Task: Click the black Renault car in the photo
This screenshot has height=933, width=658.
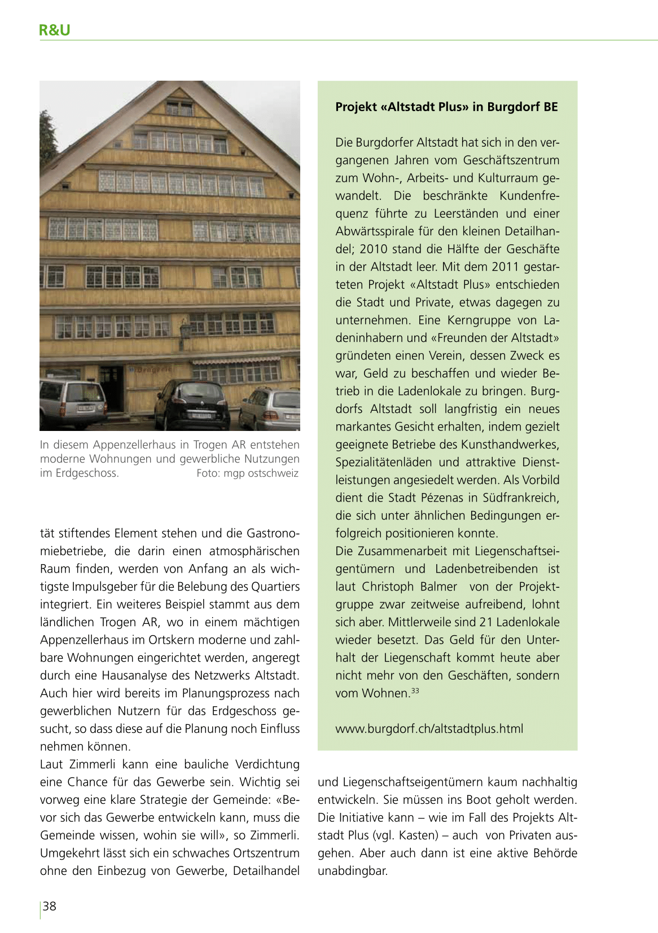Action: click(192, 404)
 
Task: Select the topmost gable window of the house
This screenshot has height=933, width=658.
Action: click(179, 108)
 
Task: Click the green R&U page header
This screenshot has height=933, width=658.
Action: click(55, 30)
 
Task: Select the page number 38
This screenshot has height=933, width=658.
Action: click(50, 906)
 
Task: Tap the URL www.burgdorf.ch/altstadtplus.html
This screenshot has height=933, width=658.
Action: click(429, 729)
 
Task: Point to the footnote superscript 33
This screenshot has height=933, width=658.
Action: click(415, 690)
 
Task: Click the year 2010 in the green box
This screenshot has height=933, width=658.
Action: click(373, 249)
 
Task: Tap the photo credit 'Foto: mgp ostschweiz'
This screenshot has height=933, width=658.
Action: click(247, 473)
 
